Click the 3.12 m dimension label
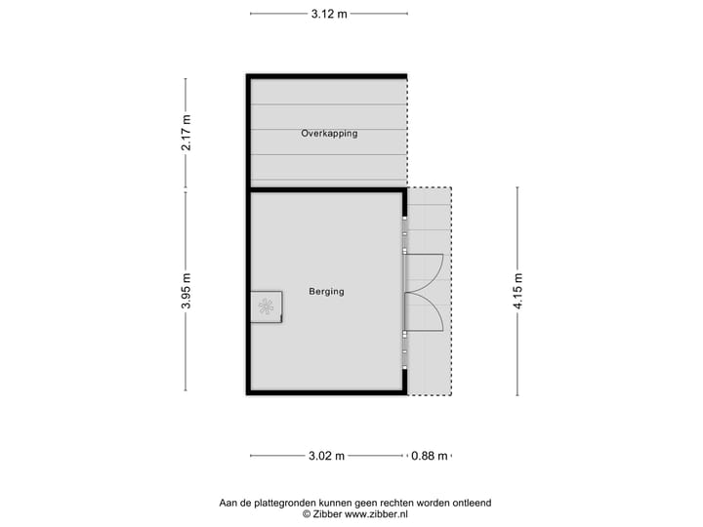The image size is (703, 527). (328, 14)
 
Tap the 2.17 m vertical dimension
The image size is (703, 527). (186, 133)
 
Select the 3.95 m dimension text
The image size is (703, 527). (186, 291)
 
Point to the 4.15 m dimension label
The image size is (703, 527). (517, 291)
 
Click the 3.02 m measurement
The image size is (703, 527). (326, 456)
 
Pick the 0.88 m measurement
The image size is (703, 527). (429, 456)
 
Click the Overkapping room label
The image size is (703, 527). (329, 133)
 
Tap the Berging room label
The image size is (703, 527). (326, 291)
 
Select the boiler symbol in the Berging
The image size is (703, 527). (265, 306)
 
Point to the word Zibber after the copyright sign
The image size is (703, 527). (327, 513)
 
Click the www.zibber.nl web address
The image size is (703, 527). (376, 513)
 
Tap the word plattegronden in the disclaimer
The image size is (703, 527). (285, 503)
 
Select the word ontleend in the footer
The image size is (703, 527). (471, 503)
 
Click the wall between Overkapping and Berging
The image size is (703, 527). (326, 187)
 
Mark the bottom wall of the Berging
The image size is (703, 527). (326, 392)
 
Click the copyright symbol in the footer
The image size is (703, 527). (306, 513)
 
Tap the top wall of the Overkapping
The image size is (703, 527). (326, 75)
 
